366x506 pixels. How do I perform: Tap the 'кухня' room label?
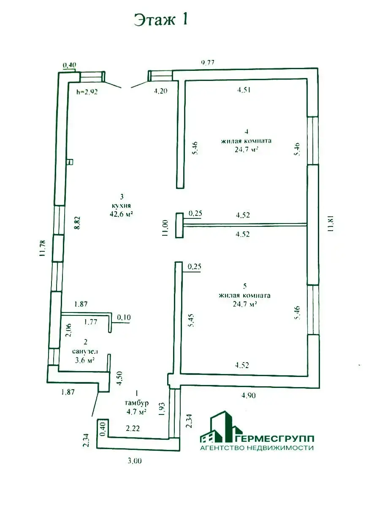(x=122, y=206)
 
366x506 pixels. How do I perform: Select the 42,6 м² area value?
(x=121, y=214)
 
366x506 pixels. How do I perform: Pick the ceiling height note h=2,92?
(x=87, y=92)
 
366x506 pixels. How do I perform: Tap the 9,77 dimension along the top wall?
(x=207, y=62)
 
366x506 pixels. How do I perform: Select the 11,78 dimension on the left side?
(x=43, y=248)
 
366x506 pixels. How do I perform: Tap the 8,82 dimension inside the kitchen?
(x=77, y=223)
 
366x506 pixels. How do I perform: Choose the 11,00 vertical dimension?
(x=165, y=228)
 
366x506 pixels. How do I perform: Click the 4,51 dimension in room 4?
(x=244, y=90)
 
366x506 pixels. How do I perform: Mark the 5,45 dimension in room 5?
(x=191, y=320)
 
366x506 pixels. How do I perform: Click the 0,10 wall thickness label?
(x=124, y=318)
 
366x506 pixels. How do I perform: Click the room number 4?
(x=247, y=131)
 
